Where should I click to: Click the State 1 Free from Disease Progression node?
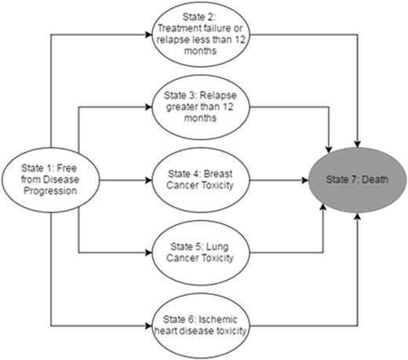(x=49, y=180)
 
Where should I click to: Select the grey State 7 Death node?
(x=357, y=180)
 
